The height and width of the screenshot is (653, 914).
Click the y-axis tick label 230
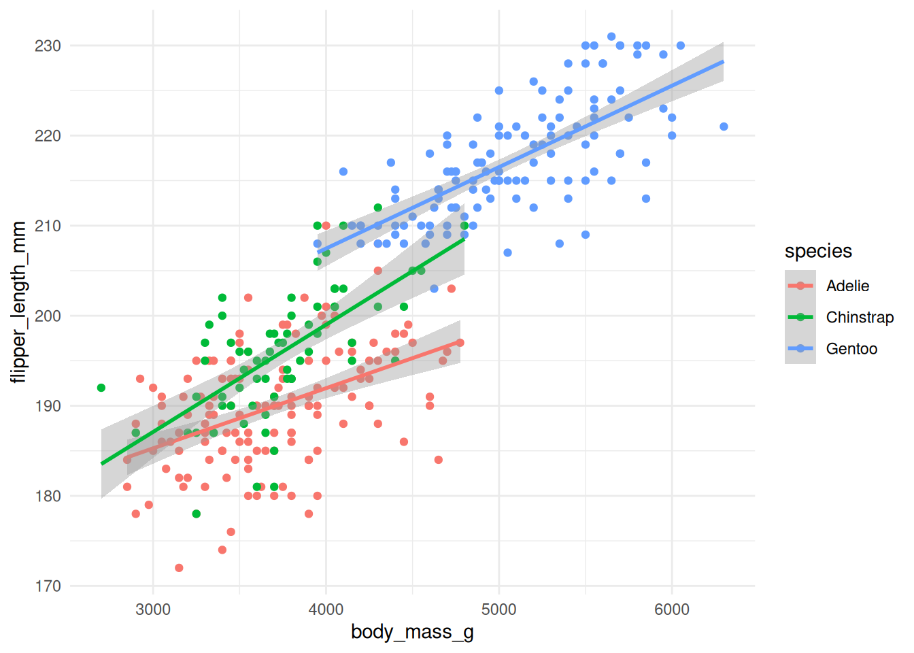[48, 46]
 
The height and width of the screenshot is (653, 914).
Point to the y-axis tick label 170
[48, 586]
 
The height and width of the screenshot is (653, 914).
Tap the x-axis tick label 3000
[153, 609]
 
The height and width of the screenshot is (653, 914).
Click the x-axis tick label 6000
[672, 609]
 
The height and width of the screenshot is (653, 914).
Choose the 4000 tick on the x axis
[326, 609]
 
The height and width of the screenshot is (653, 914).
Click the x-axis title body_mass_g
[412, 632]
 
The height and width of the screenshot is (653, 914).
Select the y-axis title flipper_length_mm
[19, 302]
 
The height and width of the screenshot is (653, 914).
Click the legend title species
[818, 251]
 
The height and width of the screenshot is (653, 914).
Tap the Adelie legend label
[847, 286]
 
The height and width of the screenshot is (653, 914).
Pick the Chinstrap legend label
[860, 317]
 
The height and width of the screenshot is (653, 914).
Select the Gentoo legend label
[851, 348]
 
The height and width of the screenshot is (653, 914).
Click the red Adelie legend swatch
[800, 286]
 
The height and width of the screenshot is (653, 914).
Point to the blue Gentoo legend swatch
[800, 348]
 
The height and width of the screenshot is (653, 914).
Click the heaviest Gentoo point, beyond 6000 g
[724, 127]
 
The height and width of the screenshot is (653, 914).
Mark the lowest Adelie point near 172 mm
[179, 568]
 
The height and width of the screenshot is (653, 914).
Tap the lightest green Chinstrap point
[101, 388]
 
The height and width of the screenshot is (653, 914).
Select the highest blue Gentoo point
[611, 37]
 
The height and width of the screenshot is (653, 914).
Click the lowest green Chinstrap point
[197, 514]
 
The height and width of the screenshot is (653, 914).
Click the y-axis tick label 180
[48, 496]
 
